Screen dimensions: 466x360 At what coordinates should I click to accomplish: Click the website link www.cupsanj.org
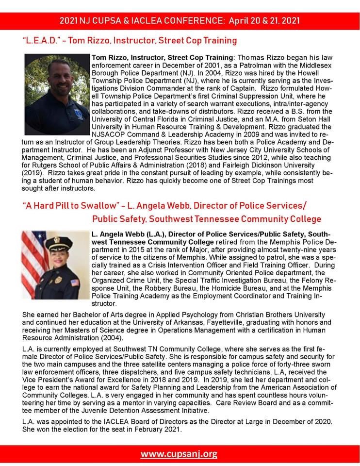coord(179,454)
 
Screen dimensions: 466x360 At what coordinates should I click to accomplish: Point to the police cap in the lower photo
coord(58,243)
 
